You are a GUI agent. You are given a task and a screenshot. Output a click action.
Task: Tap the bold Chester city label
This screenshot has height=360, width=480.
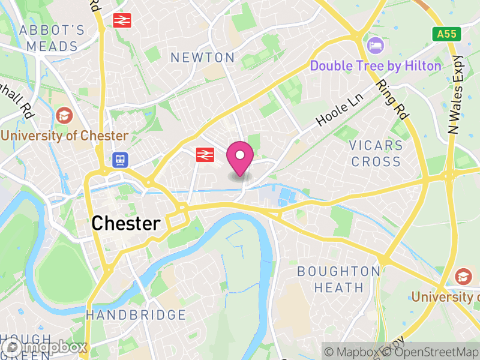click(x=126, y=224)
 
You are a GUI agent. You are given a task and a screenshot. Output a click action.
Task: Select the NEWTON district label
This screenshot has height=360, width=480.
click(x=202, y=58)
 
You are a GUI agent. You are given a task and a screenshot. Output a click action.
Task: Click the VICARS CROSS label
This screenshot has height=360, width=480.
click(x=376, y=154)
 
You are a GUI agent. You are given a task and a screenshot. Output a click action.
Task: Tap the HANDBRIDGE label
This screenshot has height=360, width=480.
click(x=136, y=315)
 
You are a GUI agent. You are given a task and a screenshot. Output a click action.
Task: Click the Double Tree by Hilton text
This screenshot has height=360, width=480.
click(x=376, y=66)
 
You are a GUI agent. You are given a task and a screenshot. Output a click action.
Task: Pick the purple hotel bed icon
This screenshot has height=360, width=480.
click(x=375, y=45)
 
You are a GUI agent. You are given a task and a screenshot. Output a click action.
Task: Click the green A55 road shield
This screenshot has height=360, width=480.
click(x=448, y=34)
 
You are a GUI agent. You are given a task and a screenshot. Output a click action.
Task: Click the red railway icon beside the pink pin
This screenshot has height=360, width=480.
click(x=205, y=155)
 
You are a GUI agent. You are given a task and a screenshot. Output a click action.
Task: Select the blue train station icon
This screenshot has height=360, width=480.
click(x=119, y=160)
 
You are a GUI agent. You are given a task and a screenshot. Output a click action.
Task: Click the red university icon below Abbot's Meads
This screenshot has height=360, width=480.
click(x=63, y=114)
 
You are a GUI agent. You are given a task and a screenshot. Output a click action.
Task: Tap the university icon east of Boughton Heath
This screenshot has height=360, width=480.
click(x=463, y=276)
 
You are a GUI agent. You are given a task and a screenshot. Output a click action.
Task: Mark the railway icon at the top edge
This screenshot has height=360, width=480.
click(x=121, y=20)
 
